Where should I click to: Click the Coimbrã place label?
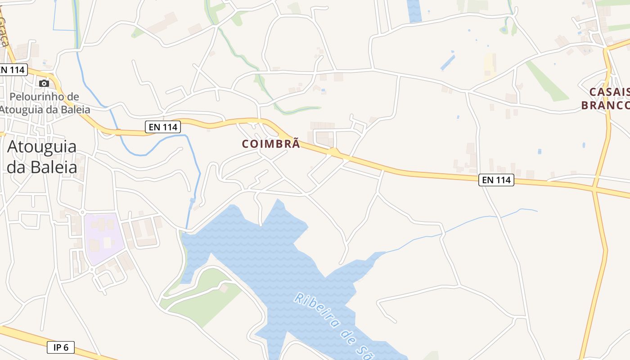270,144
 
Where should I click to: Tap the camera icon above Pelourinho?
44,83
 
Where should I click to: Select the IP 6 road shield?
61,347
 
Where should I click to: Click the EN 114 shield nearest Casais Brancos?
496,180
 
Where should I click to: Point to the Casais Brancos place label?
605,99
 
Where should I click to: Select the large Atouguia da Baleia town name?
41,157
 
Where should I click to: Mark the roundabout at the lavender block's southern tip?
92,269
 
